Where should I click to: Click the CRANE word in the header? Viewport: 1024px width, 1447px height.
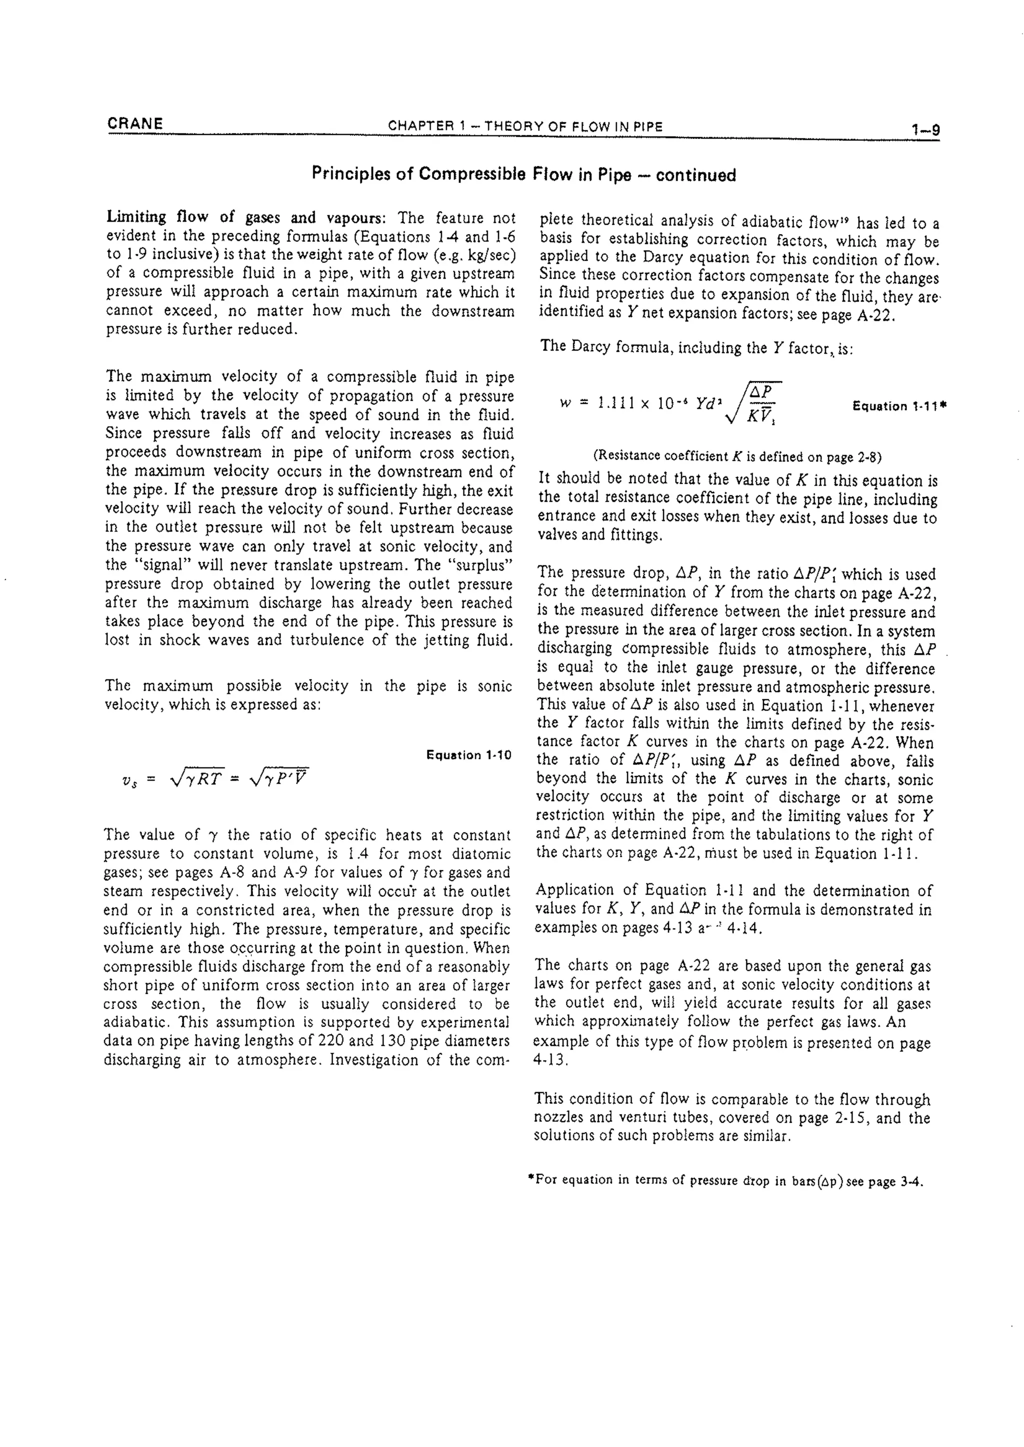[x=135, y=123]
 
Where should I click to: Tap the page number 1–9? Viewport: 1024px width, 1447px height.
[x=925, y=130]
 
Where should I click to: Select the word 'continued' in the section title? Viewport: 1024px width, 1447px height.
[x=695, y=175]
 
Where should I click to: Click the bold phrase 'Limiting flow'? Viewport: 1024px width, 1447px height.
[x=160, y=217]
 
